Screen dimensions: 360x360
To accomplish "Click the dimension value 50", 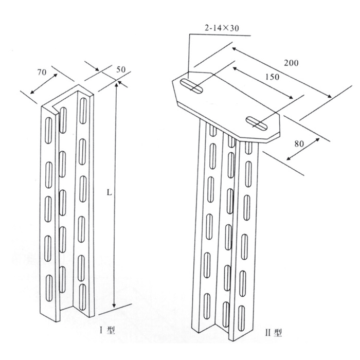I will click(x=121, y=69).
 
